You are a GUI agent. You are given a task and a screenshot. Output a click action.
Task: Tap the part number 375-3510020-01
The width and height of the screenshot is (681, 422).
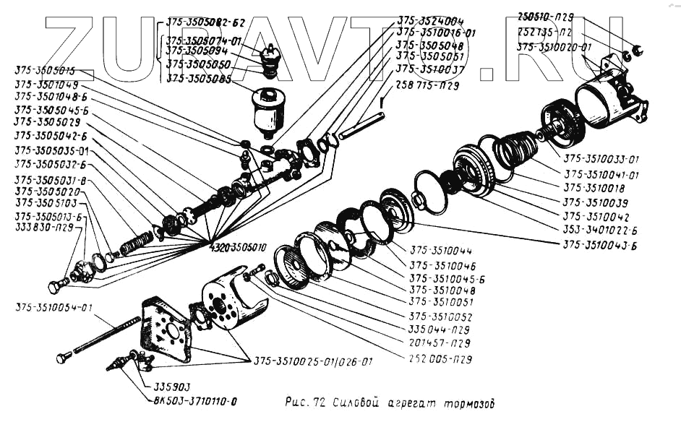(554, 47)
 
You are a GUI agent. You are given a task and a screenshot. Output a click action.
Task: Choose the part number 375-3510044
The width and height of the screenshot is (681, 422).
(442, 252)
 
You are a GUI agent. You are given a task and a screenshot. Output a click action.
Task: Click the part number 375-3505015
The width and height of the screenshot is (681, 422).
(44, 71)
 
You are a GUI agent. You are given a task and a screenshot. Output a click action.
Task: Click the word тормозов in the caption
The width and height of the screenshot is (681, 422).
(471, 402)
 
